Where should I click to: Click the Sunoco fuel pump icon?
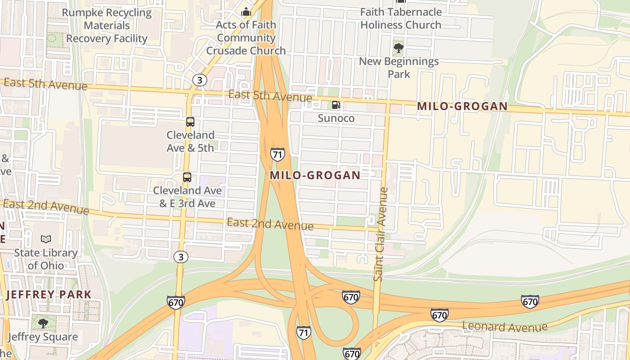336,105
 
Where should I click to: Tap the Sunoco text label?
336,118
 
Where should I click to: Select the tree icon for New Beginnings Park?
398,48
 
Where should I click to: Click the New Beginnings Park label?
399,67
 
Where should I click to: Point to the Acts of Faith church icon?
246,12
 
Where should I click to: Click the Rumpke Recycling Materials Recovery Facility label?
107,26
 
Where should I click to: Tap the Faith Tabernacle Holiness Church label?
400,18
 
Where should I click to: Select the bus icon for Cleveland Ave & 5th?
190,121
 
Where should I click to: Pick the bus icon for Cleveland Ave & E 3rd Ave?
187,177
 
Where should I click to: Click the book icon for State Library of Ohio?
46,239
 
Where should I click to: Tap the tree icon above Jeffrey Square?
43,323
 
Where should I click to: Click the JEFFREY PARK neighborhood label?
49,295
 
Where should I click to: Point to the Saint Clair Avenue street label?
381,234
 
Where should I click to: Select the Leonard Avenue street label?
504,326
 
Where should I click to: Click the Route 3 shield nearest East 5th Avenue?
199,80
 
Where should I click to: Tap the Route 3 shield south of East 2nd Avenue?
181,257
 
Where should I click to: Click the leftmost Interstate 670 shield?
175,302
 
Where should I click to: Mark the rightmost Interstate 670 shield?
530,301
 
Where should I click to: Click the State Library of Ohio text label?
46,259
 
